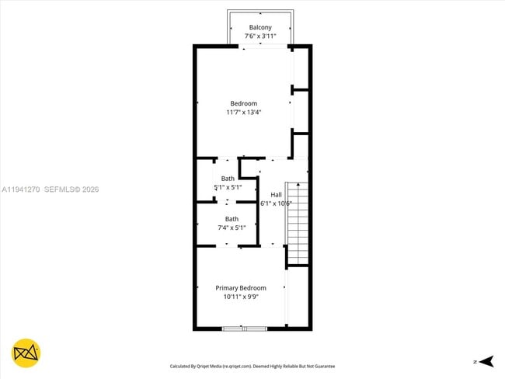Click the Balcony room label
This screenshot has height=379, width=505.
tap(260, 27)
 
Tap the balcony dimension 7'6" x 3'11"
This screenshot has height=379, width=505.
tap(260, 36)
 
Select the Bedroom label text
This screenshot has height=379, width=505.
tap(243, 103)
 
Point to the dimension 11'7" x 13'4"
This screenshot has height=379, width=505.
tap(243, 112)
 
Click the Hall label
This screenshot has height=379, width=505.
tap(276, 194)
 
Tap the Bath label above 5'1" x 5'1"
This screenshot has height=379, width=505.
tap(228, 179)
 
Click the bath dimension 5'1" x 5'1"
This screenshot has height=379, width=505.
tap(228, 187)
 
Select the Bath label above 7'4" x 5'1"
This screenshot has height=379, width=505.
tap(232, 219)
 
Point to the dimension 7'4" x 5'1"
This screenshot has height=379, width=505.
tap(232, 228)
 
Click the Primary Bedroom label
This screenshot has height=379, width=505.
tap(241, 287)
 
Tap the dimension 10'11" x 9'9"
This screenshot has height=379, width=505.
tap(241, 296)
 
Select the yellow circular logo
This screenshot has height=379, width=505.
tap(26, 353)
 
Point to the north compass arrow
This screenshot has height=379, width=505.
tap(486, 361)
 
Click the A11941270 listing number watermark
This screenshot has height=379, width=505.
tap(20, 189)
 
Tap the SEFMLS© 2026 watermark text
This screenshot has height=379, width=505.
tap(71, 189)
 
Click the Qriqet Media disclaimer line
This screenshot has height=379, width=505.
tap(252, 366)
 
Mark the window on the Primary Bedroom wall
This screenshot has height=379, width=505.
tap(244, 329)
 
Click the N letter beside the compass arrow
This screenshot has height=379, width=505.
tap(474, 362)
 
